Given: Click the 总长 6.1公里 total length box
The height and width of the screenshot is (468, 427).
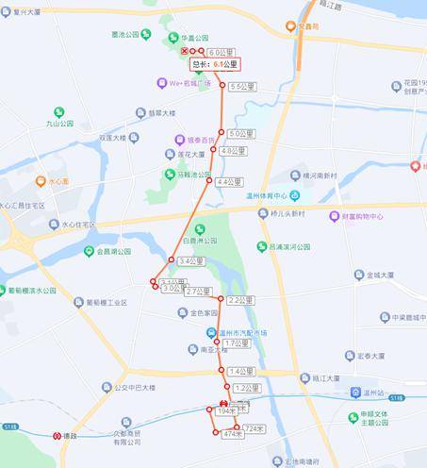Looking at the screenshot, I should (x=216, y=64).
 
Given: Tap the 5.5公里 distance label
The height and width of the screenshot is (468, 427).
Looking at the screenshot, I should (x=242, y=86).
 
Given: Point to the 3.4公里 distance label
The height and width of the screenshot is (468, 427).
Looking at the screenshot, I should (x=191, y=260).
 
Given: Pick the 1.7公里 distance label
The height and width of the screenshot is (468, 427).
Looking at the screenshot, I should (x=237, y=343).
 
